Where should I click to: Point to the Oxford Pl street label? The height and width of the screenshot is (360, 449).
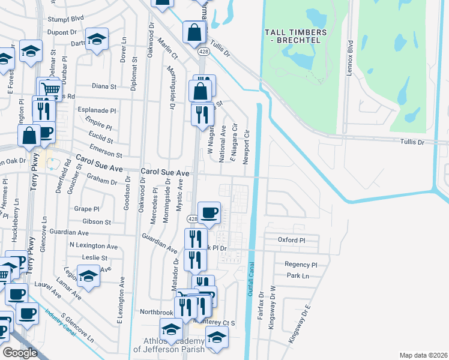pos(292,240)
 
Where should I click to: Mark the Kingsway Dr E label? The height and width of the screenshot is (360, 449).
pos(300,323)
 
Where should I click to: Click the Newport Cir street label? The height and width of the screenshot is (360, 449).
pos(246,145)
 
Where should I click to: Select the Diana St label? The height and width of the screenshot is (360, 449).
pos(104,86)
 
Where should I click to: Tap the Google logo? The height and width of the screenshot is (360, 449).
pos(20,352)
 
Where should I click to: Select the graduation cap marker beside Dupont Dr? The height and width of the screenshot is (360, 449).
pos(97,40)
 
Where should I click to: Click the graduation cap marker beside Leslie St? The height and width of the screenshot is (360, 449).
pos(88,277)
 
